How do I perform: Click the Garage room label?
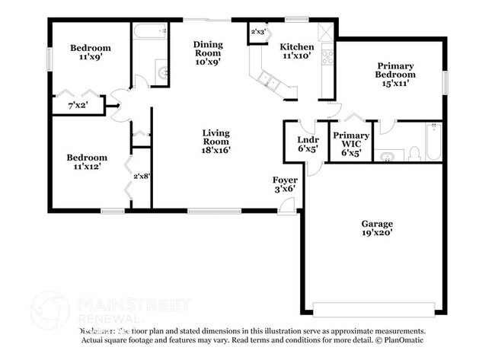point(377,229)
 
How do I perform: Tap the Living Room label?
point(216,142)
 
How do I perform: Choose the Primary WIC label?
point(350,143)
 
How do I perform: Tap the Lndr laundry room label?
point(307,144)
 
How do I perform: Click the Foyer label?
point(286,184)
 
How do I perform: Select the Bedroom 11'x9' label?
point(90,52)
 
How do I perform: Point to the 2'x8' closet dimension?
point(142,177)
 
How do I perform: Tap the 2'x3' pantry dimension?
point(260,32)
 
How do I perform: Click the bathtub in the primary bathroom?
point(433,142)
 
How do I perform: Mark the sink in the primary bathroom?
point(389,158)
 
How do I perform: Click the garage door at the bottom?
point(376,311)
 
